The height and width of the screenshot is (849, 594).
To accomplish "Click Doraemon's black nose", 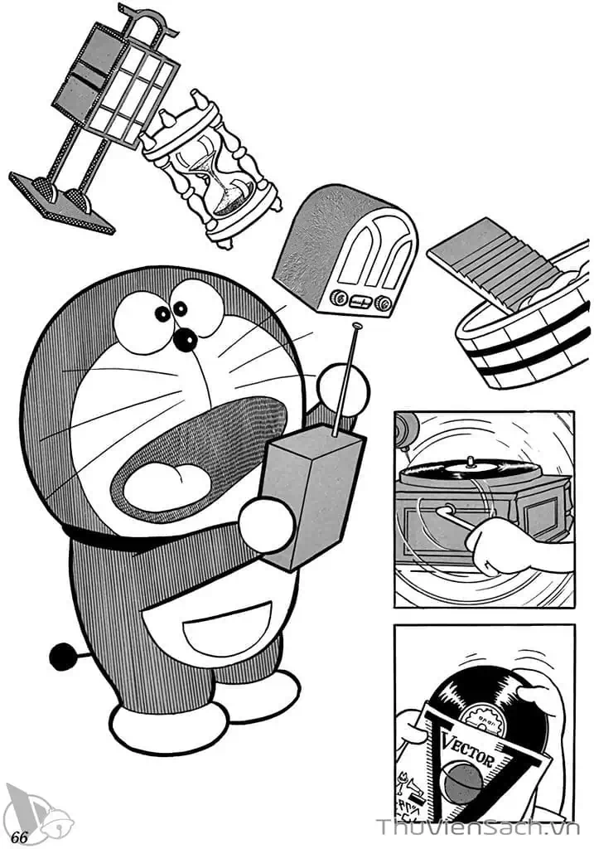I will point(185,339).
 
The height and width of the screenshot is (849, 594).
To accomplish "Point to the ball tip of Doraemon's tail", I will point(61,657).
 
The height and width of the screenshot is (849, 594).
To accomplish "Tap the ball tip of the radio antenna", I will point(357,329).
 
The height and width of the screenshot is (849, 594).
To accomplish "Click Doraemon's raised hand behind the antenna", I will point(340,390).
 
